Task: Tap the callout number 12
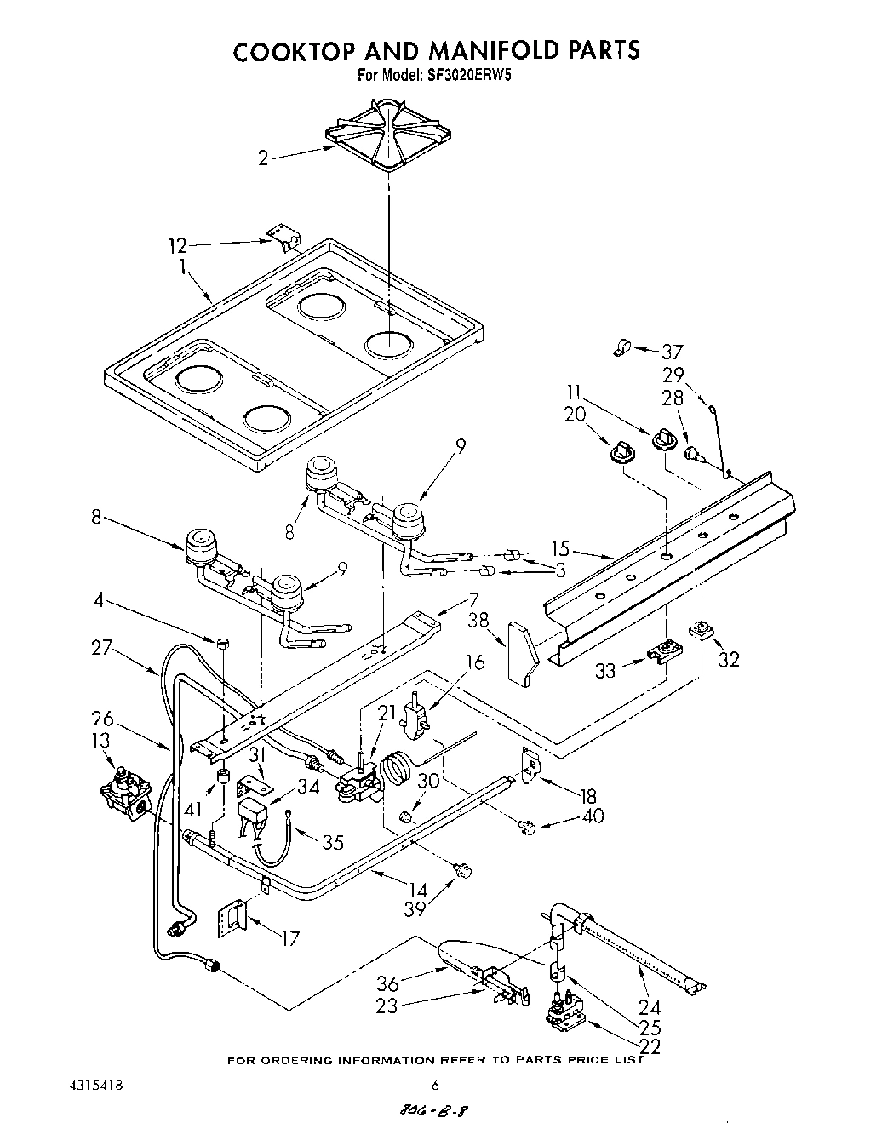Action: click(x=177, y=247)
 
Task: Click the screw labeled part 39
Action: click(x=462, y=870)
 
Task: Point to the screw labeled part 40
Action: click(x=526, y=825)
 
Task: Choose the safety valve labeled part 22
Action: click(x=564, y=1015)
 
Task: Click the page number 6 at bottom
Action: click(x=435, y=1086)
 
